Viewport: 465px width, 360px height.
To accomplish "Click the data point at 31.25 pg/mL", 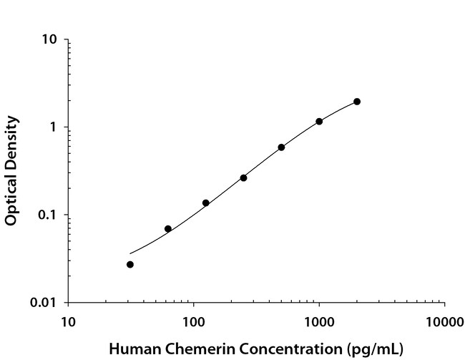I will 130,265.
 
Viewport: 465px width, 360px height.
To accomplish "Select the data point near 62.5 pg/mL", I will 168,229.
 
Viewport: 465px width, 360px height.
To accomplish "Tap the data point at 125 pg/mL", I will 206,203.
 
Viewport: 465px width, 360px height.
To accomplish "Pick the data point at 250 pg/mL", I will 243,177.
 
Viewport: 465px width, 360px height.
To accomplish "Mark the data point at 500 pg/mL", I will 281,147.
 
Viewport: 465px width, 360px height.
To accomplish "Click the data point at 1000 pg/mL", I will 319,122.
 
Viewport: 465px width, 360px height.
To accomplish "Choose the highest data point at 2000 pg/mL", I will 357,102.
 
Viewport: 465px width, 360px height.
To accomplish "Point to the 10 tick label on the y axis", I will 50,40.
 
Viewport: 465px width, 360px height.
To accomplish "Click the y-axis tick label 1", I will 54,127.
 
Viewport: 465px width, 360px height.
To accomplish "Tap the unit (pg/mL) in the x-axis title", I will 372,349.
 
